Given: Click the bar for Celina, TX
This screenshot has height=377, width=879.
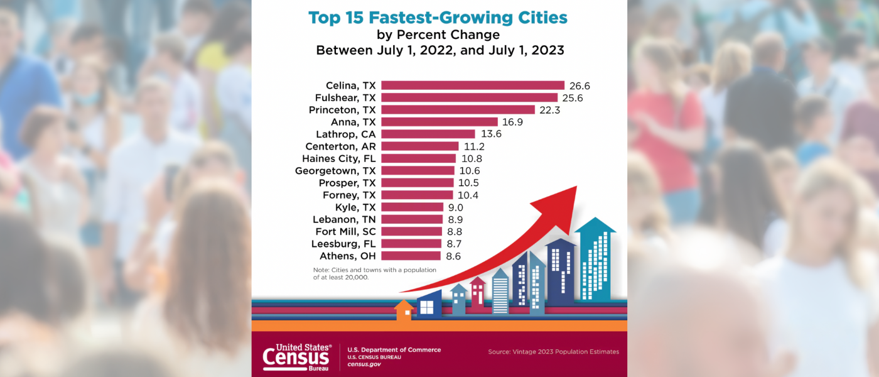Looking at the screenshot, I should pyautogui.click(x=472, y=85).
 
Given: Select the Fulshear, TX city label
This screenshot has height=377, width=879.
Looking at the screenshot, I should pyautogui.click(x=345, y=97).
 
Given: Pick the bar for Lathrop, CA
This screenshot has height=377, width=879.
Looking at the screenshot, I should pyautogui.click(x=428, y=134).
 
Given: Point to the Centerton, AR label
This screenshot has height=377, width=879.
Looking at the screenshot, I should pyautogui.click(x=341, y=146).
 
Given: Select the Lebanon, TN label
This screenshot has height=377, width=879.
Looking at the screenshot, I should pyautogui.click(x=344, y=219).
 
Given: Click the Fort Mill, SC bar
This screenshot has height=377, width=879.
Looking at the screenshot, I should pyautogui.click(x=412, y=231).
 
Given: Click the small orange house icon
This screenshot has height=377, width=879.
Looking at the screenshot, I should pyautogui.click(x=404, y=310).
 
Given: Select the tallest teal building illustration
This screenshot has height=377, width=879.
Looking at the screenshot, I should pyautogui.click(x=595, y=261).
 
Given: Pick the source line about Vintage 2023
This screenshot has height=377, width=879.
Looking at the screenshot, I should pyautogui.click(x=553, y=352).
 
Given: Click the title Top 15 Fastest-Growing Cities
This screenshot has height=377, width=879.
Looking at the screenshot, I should pyautogui.click(x=438, y=17).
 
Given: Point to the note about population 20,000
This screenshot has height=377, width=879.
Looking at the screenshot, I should pyautogui.click(x=374, y=273).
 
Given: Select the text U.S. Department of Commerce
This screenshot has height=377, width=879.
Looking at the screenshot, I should pyautogui.click(x=394, y=350).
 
